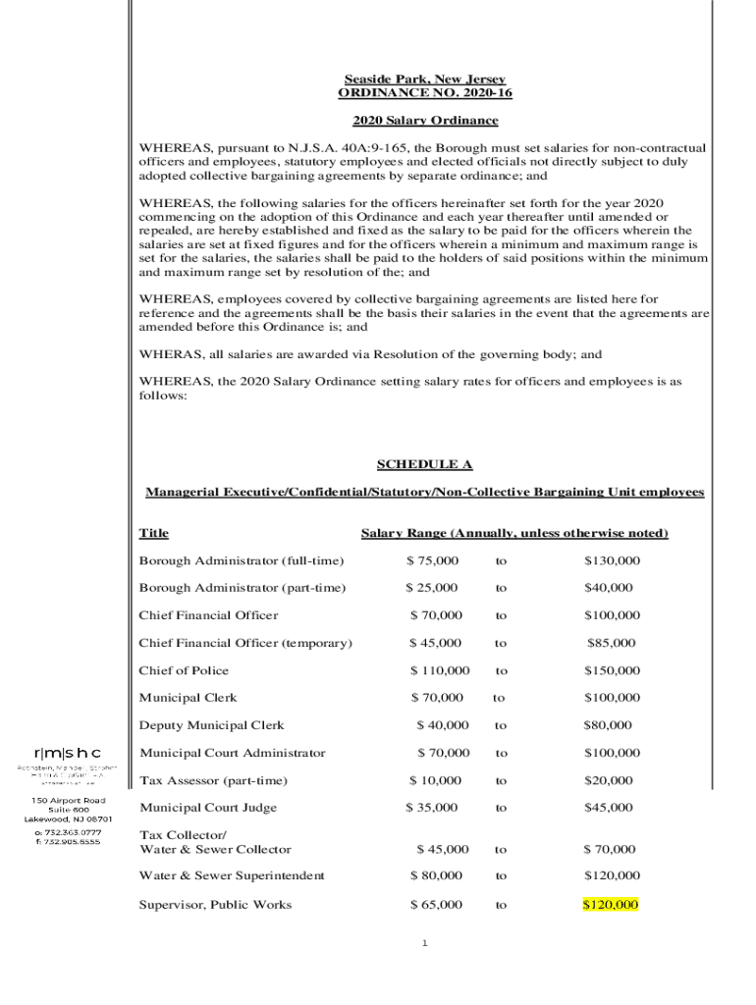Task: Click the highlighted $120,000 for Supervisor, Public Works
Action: coord(611,905)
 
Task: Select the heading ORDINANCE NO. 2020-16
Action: coord(424,93)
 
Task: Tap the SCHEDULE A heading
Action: coord(424,464)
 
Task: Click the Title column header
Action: coord(153,534)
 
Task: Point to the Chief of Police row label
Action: coord(184,671)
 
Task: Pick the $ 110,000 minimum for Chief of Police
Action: coord(440,671)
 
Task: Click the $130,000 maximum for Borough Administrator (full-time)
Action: coord(612,560)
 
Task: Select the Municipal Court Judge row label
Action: coord(208,808)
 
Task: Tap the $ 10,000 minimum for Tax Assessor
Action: coord(435,781)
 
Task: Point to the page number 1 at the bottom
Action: coord(425,944)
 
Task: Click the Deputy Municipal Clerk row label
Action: coord(211,726)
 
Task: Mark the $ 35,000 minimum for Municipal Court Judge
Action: coord(432,808)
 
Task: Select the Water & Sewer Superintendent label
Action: coord(232,875)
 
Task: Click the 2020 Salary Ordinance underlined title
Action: coord(424,121)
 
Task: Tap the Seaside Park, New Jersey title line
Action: coord(424,79)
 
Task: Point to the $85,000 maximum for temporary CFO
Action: coord(611,644)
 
